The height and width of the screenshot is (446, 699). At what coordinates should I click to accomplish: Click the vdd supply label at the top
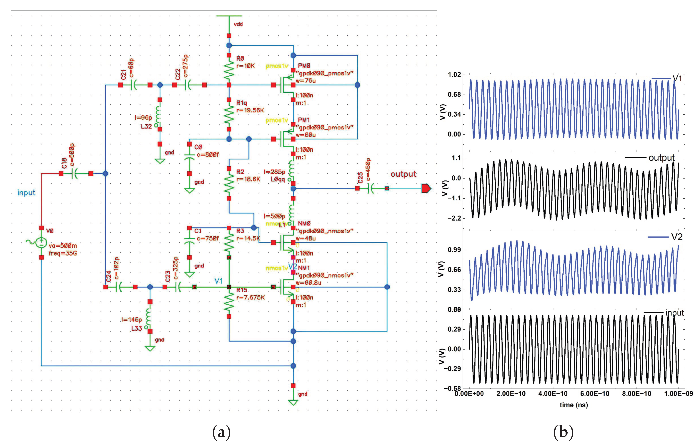238,24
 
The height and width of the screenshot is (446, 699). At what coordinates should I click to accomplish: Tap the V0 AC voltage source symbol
41,243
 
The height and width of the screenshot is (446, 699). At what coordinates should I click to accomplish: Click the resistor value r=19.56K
250,110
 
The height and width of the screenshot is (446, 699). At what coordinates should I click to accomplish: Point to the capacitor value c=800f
208,155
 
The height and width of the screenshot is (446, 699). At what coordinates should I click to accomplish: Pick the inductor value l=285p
274,172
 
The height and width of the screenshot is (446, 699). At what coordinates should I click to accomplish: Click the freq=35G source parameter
63,253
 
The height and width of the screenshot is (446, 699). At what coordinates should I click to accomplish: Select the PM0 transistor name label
304,66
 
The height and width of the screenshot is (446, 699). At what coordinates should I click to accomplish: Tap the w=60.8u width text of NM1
308,283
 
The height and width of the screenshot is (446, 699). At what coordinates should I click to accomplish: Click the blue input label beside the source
26,193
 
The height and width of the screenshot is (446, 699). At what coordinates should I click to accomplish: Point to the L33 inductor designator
136,329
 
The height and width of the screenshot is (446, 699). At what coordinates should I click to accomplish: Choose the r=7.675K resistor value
251,297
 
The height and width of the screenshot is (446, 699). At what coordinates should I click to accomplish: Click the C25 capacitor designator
360,178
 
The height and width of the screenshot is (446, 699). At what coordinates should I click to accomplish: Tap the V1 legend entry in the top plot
677,78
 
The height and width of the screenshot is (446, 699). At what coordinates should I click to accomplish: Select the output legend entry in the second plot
661,158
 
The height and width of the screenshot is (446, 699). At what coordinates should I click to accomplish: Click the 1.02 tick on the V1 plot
454,75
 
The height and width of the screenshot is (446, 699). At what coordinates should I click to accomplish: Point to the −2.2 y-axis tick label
454,218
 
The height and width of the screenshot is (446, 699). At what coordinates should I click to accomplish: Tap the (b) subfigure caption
563,432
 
